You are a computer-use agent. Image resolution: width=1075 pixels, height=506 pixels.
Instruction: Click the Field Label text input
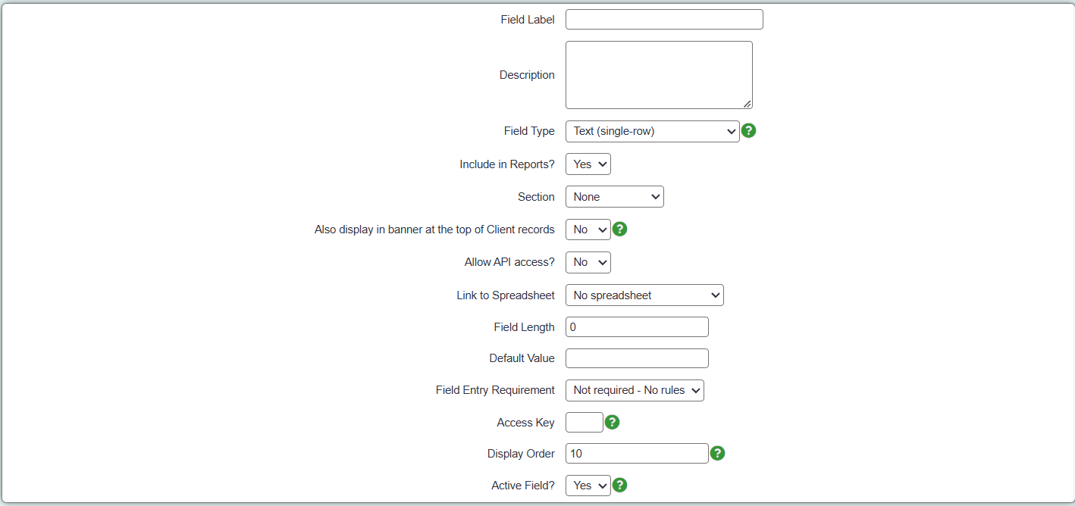click(x=664, y=20)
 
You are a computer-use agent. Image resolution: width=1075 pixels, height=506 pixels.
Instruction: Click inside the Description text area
click(x=659, y=75)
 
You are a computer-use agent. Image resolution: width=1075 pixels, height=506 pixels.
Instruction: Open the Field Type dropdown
click(x=652, y=131)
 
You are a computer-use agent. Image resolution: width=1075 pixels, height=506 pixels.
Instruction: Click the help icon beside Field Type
click(x=749, y=130)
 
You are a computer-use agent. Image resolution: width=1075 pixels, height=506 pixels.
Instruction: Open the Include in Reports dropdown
click(x=588, y=164)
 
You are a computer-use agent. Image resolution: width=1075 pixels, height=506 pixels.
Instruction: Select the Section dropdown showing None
click(x=615, y=197)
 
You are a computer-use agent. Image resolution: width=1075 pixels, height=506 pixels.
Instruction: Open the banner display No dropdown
click(x=588, y=230)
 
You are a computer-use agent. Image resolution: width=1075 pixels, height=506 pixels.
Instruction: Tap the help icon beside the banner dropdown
click(x=620, y=230)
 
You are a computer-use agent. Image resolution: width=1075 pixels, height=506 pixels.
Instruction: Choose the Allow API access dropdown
click(x=588, y=262)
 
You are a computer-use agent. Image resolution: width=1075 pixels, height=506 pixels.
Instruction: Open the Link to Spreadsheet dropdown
click(x=644, y=295)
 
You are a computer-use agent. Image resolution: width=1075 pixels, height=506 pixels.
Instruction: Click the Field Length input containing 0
click(x=637, y=327)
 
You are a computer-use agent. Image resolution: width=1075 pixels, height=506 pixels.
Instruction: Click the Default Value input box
click(x=637, y=358)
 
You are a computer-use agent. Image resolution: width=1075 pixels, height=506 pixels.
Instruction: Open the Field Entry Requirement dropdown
click(x=635, y=390)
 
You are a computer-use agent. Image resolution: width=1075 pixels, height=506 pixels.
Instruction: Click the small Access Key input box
click(x=584, y=423)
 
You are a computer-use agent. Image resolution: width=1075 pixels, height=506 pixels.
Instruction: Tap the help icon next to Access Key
click(x=612, y=422)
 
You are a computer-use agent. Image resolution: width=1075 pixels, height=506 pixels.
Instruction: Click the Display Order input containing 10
click(x=637, y=454)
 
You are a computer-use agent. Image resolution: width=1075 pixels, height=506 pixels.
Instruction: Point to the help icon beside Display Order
click(x=717, y=453)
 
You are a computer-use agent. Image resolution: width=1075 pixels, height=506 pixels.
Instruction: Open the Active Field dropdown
click(x=588, y=486)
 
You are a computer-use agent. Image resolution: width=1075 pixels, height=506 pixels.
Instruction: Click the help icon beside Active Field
click(x=620, y=486)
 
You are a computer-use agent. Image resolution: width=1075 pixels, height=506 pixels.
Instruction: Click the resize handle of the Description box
click(x=747, y=104)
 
